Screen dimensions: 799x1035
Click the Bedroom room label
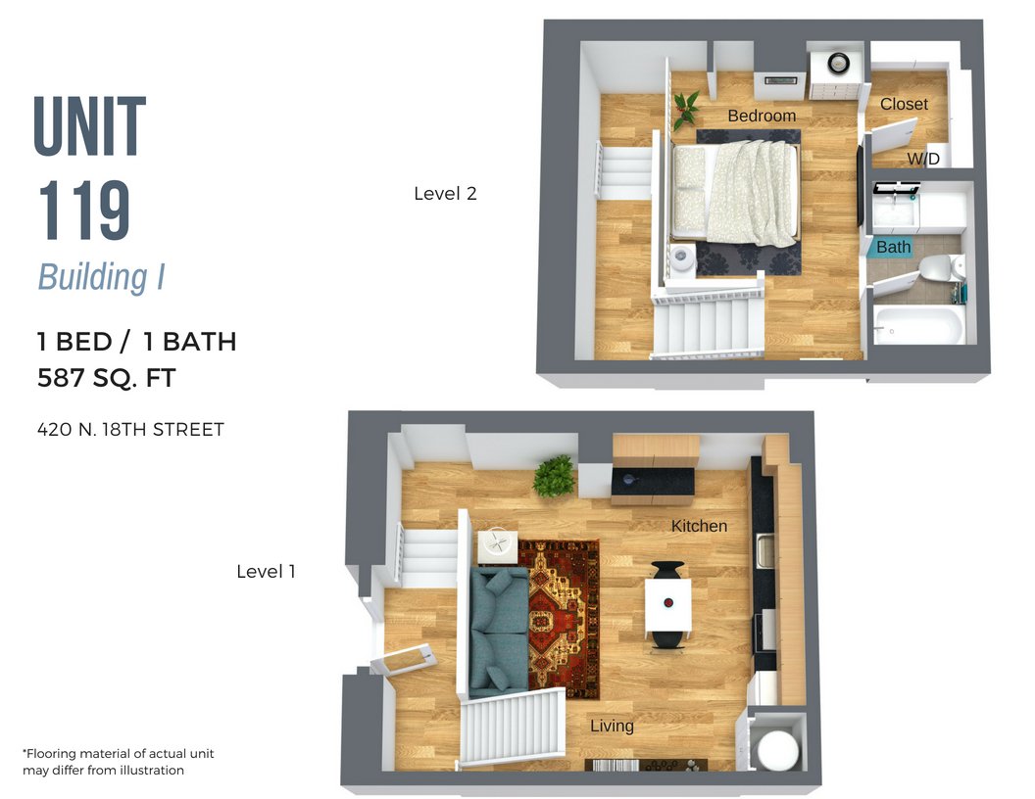click(762, 116)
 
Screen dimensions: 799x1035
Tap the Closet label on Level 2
click(904, 104)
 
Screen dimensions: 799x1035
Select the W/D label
click(922, 159)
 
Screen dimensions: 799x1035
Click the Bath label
click(893, 247)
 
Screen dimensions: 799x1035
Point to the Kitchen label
click(699, 526)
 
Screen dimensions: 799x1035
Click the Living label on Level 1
click(612, 726)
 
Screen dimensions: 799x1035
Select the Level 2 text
click(445, 194)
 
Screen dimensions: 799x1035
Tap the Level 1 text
click(266, 571)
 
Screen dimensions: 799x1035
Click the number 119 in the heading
click(84, 212)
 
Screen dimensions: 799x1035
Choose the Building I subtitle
click(101, 277)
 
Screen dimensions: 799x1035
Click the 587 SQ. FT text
click(107, 378)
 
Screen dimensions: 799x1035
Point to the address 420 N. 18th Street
click(130, 429)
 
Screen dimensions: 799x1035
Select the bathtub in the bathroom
click(917, 324)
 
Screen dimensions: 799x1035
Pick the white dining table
click(667, 604)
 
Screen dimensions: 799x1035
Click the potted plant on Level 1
click(554, 476)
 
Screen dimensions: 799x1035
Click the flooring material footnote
click(118, 762)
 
